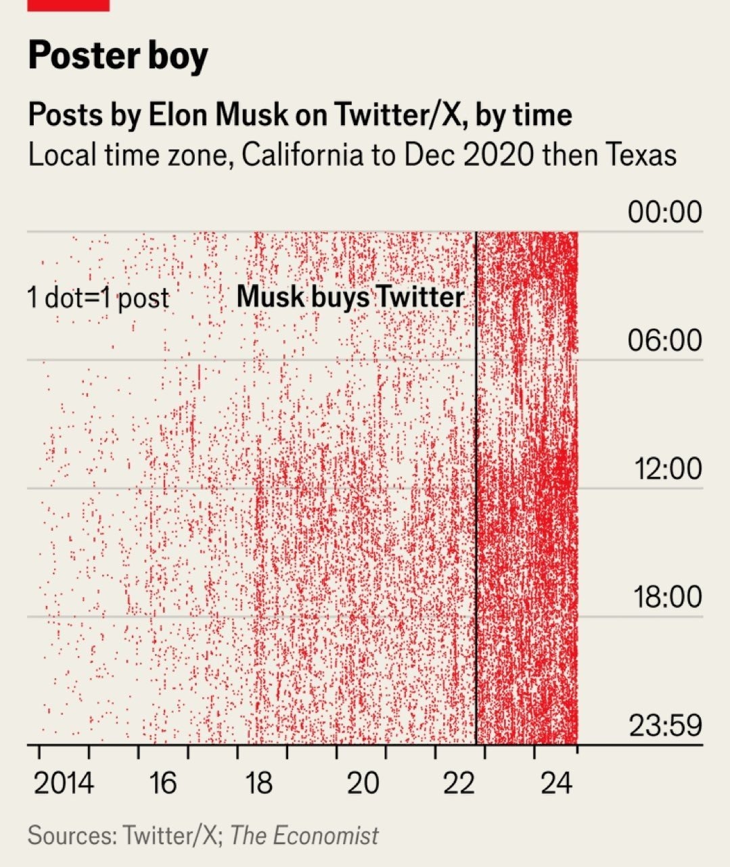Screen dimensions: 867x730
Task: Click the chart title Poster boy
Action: tap(118, 56)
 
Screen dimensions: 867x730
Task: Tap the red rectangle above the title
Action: tap(68, 5)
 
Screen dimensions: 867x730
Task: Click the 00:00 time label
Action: tap(664, 212)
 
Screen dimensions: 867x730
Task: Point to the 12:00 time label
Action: tap(667, 468)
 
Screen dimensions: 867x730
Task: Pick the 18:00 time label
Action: tap(667, 597)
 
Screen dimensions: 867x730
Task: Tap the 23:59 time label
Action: tap(666, 726)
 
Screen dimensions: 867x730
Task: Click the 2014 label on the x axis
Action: tap(64, 784)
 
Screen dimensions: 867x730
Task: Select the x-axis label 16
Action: tap(162, 784)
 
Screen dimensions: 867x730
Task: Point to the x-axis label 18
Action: tap(258, 784)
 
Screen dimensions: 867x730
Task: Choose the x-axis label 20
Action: tap(363, 784)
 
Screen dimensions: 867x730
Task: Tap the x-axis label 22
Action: tap(460, 784)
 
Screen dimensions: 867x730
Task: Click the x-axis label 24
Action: tap(556, 784)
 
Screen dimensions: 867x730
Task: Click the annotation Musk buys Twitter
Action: tap(350, 297)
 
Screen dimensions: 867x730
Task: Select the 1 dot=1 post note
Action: tap(98, 298)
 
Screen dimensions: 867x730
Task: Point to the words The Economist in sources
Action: tap(304, 835)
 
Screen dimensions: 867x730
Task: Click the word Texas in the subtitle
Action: tap(640, 155)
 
